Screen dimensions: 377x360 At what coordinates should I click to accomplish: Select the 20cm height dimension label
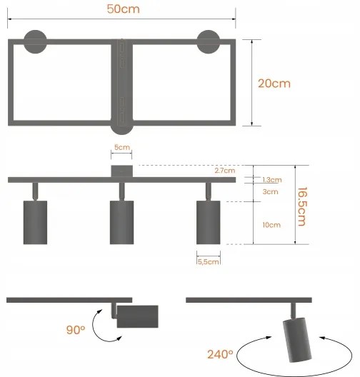(274, 83)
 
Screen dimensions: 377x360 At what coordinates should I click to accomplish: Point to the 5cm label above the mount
(122, 149)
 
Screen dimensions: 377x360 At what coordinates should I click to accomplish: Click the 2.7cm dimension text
(224, 171)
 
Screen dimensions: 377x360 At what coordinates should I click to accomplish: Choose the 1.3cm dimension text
(272, 180)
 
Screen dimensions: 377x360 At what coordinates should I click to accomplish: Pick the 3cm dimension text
(270, 191)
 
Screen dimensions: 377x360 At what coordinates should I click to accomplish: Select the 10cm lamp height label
(271, 225)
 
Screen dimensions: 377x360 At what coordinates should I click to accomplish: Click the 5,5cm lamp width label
(208, 261)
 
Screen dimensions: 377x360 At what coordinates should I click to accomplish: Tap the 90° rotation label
(75, 331)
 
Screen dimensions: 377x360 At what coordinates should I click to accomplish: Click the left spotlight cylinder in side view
(34, 223)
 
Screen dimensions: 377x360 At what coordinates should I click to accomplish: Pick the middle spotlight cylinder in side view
(121, 223)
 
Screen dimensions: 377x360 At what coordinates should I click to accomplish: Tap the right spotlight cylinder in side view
(208, 223)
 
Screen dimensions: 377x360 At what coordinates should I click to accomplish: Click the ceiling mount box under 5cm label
(122, 171)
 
